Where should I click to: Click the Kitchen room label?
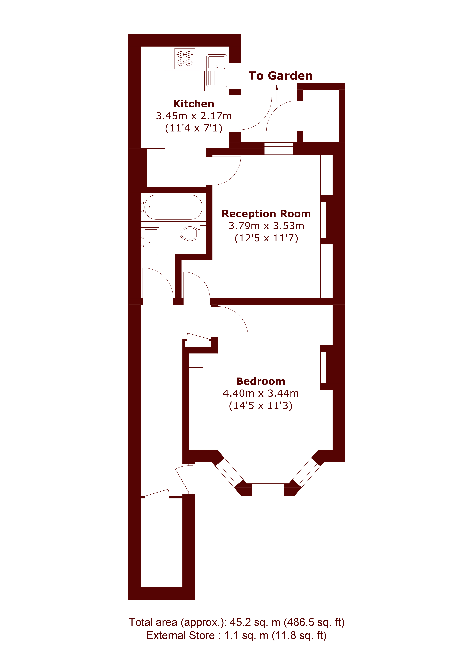point(193,104)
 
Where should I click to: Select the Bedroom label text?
point(260,381)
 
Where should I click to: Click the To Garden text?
point(280,76)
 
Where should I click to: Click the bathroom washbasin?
point(150,241)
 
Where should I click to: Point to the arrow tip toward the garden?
point(277,84)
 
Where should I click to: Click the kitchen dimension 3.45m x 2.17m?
point(193,116)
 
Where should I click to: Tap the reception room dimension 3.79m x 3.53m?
point(266,226)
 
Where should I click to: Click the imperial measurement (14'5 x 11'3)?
point(260,406)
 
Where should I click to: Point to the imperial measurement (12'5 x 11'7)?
point(266,238)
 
